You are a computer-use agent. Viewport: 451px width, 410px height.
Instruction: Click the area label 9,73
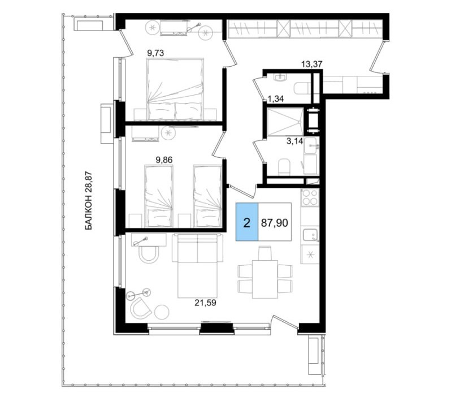(155, 53)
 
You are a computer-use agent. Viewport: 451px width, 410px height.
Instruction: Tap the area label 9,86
(164, 160)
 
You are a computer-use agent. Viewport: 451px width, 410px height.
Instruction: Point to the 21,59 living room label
(205, 303)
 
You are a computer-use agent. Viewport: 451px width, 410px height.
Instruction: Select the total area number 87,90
(275, 223)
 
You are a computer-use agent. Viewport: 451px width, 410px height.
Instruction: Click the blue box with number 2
(247, 222)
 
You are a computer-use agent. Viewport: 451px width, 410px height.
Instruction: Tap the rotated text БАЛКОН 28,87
(89, 201)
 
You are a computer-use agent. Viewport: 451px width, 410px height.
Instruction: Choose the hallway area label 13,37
(311, 64)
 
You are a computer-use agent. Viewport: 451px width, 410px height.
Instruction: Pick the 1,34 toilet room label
(276, 100)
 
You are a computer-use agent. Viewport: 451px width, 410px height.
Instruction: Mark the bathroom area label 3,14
(295, 141)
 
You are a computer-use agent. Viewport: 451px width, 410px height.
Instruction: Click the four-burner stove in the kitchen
(310, 197)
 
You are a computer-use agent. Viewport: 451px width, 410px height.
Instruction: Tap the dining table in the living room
(265, 279)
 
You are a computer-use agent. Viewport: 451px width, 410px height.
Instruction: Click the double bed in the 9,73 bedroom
(175, 89)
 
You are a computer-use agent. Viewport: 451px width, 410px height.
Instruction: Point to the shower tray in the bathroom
(285, 121)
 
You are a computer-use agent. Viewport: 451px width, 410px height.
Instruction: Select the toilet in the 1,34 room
(301, 88)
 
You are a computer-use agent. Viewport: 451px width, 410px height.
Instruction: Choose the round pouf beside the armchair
(162, 312)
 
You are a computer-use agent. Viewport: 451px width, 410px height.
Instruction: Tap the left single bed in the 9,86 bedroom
(159, 196)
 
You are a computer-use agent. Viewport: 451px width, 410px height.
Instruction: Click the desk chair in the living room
(149, 254)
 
